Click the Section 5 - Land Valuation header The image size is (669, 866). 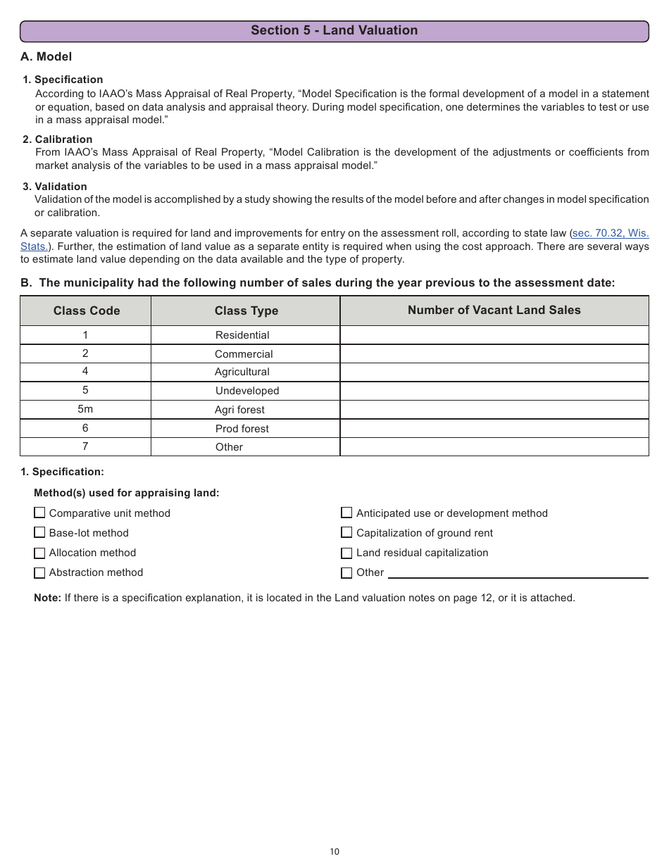tap(334, 30)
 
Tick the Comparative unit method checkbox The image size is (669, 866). tap(39, 513)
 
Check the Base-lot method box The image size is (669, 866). tap(39, 533)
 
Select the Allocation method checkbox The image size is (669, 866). tap(39, 553)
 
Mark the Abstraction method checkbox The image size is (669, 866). tap(39, 572)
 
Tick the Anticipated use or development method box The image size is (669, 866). tap(346, 513)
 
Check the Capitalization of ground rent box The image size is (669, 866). tap(346, 533)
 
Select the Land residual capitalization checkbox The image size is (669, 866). tap(346, 553)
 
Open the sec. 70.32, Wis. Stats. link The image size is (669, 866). tap(611, 233)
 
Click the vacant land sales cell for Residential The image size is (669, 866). tap(494, 335)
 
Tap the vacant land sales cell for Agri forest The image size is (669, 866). tap(494, 410)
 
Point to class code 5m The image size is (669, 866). tap(85, 409)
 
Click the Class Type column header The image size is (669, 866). tap(246, 310)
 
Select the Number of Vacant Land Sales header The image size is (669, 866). tap(494, 310)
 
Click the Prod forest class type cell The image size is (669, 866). tap(242, 429)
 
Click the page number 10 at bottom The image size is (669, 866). tap(334, 852)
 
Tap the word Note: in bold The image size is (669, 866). tap(47, 598)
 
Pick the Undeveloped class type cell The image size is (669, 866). tap(246, 391)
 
